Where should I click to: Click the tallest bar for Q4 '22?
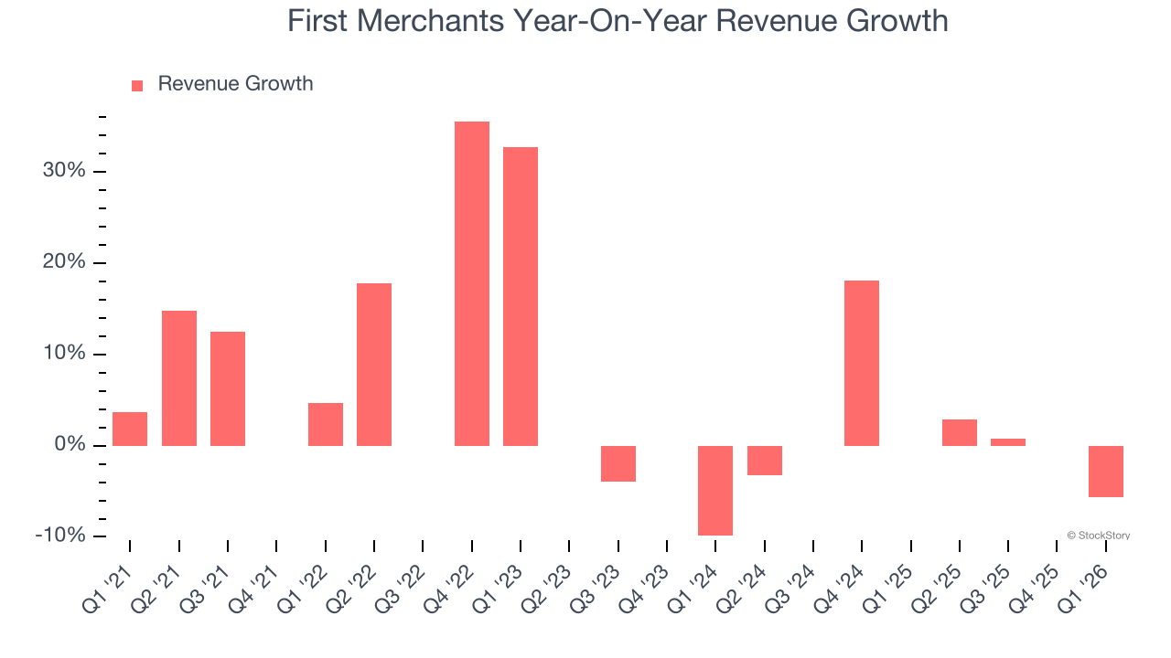[471, 283]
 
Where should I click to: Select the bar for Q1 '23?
[521, 296]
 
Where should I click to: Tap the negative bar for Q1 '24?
[715, 490]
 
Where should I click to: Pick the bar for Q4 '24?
[862, 363]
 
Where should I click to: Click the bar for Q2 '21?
[179, 378]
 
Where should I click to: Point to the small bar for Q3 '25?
[1008, 442]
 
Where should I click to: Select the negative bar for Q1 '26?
[1105, 471]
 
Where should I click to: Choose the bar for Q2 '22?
[374, 365]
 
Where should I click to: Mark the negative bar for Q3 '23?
[618, 463]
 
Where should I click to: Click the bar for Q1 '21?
[130, 429]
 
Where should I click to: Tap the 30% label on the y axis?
[63, 171]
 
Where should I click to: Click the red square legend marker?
[137, 85]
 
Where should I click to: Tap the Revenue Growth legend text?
[235, 84]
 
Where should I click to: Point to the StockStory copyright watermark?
[1098, 536]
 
